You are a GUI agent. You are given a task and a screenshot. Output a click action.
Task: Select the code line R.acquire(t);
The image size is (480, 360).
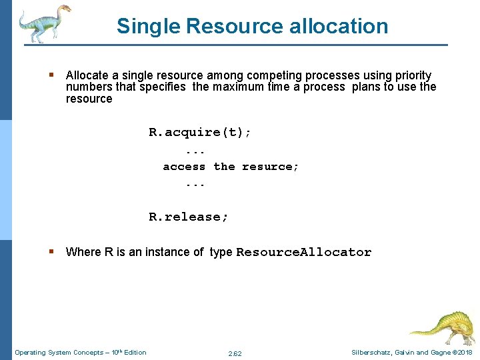click(x=200, y=132)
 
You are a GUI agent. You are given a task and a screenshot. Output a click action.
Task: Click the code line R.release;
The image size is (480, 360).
click(x=189, y=217)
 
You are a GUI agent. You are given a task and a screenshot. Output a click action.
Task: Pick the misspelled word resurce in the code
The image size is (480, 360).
click(x=271, y=167)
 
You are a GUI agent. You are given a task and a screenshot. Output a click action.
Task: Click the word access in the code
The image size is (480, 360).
click(x=184, y=167)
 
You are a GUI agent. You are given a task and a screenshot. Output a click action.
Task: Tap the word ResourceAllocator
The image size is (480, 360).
click(x=303, y=252)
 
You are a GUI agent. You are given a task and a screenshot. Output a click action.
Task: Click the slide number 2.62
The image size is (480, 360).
click(x=235, y=353)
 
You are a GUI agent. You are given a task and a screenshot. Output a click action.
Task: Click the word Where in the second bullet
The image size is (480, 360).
click(x=83, y=252)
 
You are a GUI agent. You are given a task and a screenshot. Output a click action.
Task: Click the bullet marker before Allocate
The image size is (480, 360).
click(x=51, y=75)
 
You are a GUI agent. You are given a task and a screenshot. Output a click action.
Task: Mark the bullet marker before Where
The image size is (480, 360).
click(x=51, y=252)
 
